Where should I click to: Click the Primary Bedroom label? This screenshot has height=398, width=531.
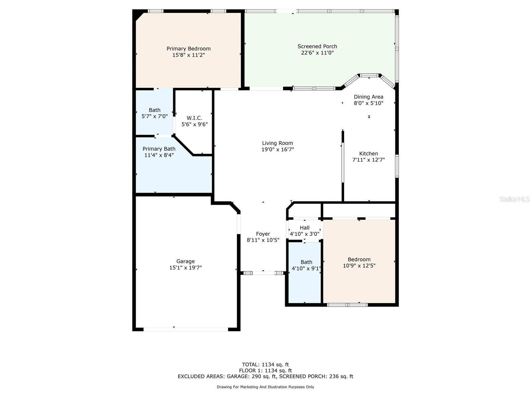[188, 49]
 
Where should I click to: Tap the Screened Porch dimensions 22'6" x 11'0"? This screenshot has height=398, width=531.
[317, 53]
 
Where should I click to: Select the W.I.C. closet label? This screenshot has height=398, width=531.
[194, 118]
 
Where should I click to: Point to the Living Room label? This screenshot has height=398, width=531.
[277, 143]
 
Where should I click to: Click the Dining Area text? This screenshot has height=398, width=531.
[368, 97]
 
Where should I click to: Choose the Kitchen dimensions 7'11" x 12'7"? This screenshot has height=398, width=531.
[368, 160]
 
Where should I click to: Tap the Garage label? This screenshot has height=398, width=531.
[186, 261]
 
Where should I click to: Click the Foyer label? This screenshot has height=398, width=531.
[263, 234]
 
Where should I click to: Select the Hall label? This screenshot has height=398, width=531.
[304, 228]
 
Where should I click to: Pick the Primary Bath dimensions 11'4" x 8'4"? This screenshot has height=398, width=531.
[159, 155]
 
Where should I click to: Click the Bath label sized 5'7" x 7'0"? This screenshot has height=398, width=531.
[154, 110]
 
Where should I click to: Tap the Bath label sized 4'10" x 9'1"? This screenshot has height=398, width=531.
[306, 262]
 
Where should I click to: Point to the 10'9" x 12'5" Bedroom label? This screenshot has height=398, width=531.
[359, 259]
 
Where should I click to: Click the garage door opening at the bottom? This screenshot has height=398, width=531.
[186, 329]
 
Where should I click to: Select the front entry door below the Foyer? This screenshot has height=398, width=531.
[263, 273]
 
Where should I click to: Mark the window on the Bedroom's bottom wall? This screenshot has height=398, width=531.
[347, 305]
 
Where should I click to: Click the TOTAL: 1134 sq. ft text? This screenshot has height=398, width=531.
[265, 365]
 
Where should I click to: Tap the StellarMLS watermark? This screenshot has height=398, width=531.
[514, 199]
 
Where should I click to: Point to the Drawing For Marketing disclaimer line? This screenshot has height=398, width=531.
[265, 387]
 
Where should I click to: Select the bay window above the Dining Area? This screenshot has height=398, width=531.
[369, 76]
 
